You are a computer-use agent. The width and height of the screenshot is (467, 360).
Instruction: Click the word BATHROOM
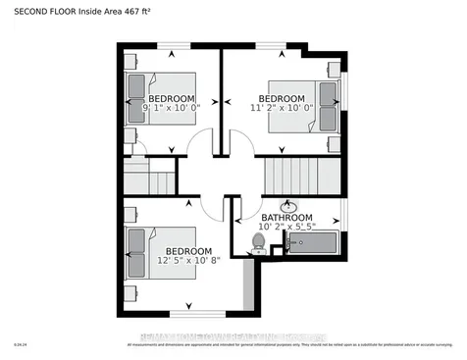[286, 218]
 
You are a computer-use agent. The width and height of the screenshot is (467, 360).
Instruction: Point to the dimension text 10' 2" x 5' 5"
[286, 228]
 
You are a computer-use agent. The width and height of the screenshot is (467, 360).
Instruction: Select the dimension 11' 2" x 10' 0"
[281, 109]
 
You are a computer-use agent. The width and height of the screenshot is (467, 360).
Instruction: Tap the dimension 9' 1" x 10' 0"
[172, 110]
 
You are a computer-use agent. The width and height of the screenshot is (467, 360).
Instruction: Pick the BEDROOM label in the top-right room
[281, 98]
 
